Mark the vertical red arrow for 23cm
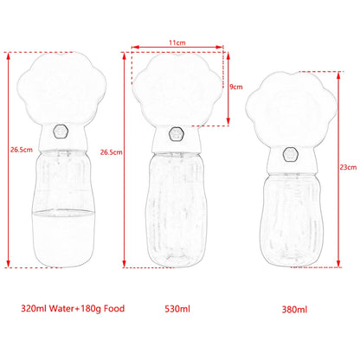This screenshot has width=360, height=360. tap(332, 164)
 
